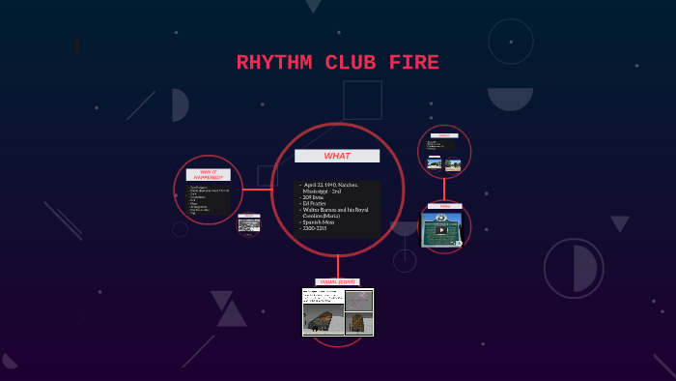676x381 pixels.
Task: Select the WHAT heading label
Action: point(337,156)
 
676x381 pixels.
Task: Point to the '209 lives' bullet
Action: point(312,197)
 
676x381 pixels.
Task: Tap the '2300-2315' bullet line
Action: point(316,229)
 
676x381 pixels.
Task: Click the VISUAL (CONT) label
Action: point(336,281)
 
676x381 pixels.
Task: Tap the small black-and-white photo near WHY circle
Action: point(249,225)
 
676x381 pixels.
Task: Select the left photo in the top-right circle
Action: point(435,163)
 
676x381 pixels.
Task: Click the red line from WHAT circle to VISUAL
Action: point(338,268)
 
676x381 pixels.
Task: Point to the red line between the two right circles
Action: point(444,190)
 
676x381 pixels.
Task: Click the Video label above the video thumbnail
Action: point(444,206)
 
